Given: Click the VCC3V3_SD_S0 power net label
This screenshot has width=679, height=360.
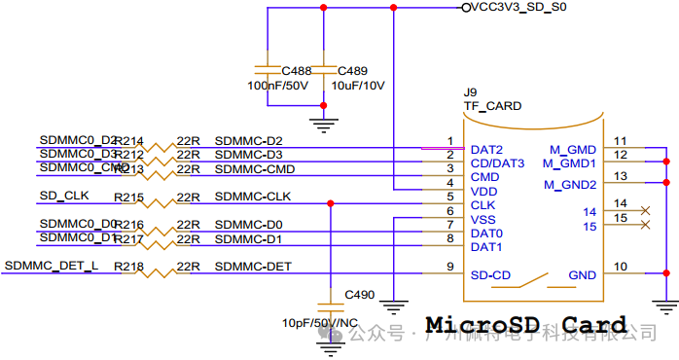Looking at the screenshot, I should point(518,8).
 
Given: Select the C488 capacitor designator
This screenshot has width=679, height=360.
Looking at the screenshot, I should point(297,71).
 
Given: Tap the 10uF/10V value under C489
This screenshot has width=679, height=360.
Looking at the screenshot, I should point(358,86).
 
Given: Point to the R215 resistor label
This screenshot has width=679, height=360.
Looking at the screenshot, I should point(128,198).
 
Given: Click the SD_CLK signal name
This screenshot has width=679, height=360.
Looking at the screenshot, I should point(63,196).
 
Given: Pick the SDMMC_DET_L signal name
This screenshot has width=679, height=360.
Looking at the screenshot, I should point(52,266).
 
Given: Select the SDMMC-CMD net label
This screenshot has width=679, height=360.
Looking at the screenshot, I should point(248,169).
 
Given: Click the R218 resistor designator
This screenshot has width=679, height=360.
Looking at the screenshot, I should point(128,267).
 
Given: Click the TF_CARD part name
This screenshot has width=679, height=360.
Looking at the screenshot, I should point(491,106).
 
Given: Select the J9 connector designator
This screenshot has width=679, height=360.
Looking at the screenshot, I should point(470,92).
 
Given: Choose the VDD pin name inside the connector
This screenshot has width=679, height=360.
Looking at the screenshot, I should point(483,192).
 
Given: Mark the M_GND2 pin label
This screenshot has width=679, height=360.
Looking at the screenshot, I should point(570,184).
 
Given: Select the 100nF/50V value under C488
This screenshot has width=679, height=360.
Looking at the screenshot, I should point(278,86).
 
